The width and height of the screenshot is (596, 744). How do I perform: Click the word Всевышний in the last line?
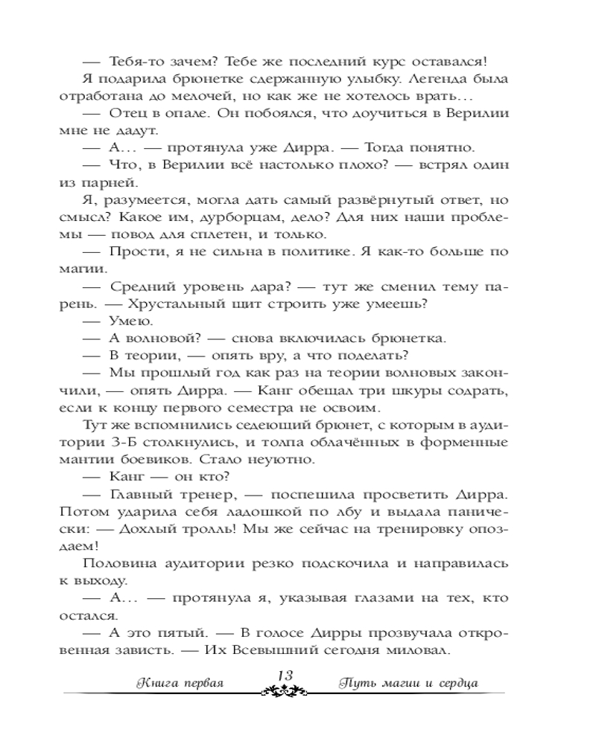[x=300, y=650]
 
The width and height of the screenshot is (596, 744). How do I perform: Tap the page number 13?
[x=284, y=674]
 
